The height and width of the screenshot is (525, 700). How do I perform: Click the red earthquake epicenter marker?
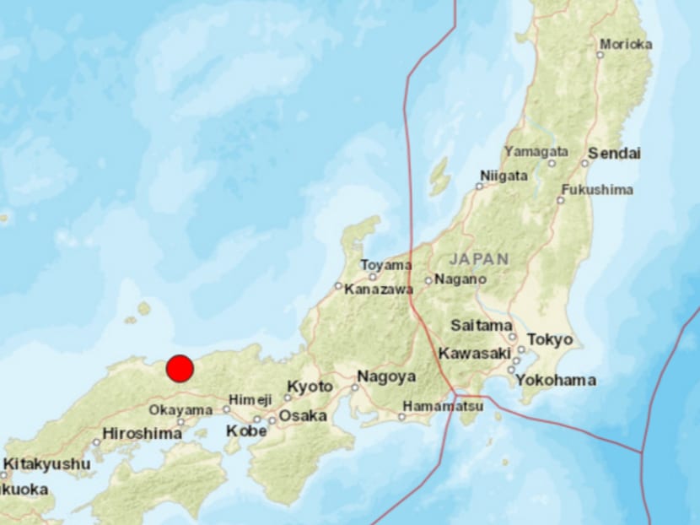tap(180, 369)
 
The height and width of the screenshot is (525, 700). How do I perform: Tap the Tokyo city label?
tap(550, 339)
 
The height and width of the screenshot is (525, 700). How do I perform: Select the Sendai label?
tap(614, 154)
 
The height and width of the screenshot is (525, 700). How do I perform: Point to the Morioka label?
tap(625, 45)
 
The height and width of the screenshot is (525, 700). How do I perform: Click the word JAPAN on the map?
tap(479, 258)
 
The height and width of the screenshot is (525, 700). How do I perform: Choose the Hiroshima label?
tap(142, 434)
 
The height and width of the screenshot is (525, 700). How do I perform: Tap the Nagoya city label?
tap(386, 376)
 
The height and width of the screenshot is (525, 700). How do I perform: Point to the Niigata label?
tap(503, 176)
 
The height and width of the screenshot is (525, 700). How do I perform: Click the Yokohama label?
tap(556, 380)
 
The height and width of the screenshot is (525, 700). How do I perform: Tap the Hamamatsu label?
tap(443, 406)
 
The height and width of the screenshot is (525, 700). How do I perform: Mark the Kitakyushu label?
tap(46, 463)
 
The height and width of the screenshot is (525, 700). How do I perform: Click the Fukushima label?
tap(597, 190)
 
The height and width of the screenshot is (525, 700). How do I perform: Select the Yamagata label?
tap(536, 151)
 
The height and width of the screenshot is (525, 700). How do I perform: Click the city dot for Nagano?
tap(428, 281)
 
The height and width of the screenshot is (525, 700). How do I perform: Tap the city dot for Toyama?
tap(373, 276)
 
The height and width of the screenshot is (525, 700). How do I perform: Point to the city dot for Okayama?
tap(180, 421)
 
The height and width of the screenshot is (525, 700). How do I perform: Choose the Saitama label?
tap(482, 325)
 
